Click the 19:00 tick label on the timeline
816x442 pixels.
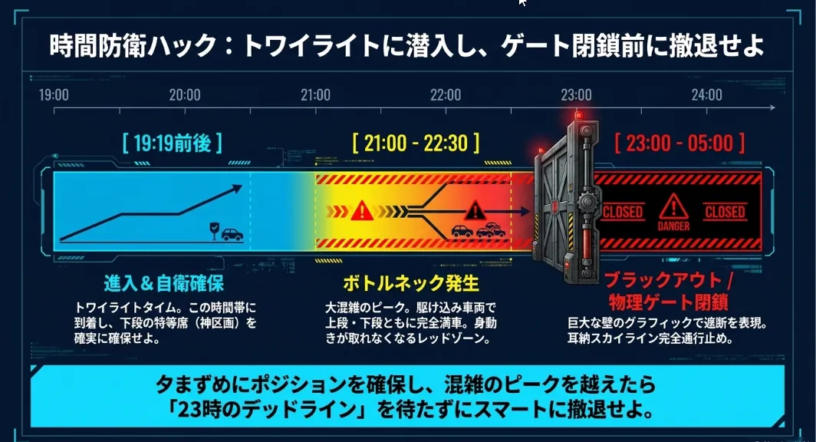(x=54, y=94)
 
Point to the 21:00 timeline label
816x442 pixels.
(x=315, y=94)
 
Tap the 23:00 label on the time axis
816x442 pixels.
(x=576, y=94)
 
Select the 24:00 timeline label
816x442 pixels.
(x=707, y=94)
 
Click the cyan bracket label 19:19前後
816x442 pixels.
(x=173, y=143)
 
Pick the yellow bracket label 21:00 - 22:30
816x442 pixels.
(x=416, y=143)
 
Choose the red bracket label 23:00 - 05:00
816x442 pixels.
(x=679, y=143)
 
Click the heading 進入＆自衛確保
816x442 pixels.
(x=163, y=284)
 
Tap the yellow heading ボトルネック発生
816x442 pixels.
(x=410, y=284)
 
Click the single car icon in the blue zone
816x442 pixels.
(x=232, y=234)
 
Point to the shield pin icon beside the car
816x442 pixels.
(x=214, y=231)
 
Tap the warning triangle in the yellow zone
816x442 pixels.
(x=362, y=211)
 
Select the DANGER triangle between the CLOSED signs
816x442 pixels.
(x=673, y=206)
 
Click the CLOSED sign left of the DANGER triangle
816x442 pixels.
(x=623, y=212)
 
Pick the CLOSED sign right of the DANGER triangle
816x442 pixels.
(x=725, y=212)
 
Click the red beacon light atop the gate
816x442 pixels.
(x=579, y=115)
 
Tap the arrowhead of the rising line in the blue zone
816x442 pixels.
(x=237, y=188)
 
